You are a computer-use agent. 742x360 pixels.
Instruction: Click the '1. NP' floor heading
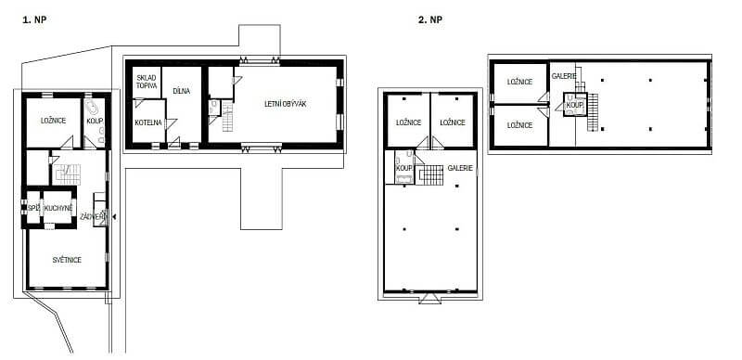tap(34, 19)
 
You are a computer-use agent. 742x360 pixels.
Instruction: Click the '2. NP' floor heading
tap(430, 19)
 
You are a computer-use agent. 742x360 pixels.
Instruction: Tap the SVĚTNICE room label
tap(67, 260)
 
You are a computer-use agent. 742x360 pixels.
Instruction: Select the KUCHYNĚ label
tap(58, 209)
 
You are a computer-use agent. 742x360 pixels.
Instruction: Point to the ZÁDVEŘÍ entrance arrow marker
tap(113, 216)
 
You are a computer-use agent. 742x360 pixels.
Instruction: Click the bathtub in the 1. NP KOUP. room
tap(92, 108)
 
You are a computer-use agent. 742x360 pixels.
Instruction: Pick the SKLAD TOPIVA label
tap(147, 81)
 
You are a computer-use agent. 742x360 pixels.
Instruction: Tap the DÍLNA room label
tap(181, 91)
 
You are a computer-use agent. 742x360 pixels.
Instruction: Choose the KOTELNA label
tap(148, 122)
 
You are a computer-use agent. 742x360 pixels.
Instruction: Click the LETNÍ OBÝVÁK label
tap(286, 104)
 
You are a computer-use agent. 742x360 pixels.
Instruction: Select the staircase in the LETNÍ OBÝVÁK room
tap(228, 117)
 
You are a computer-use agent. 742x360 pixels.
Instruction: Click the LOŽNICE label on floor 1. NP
tap(54, 121)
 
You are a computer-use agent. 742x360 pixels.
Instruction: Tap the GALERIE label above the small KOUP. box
tap(564, 76)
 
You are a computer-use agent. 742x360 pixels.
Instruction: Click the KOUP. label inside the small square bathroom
tap(573, 105)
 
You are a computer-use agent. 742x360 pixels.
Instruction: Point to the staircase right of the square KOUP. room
tap(593, 112)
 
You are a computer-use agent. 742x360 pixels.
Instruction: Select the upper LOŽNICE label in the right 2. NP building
tap(519, 82)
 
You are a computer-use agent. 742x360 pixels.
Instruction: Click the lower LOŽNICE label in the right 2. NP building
tap(519, 125)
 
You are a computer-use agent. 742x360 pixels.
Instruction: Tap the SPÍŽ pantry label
tap(32, 209)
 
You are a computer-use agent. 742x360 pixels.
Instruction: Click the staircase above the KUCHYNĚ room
tap(68, 174)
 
